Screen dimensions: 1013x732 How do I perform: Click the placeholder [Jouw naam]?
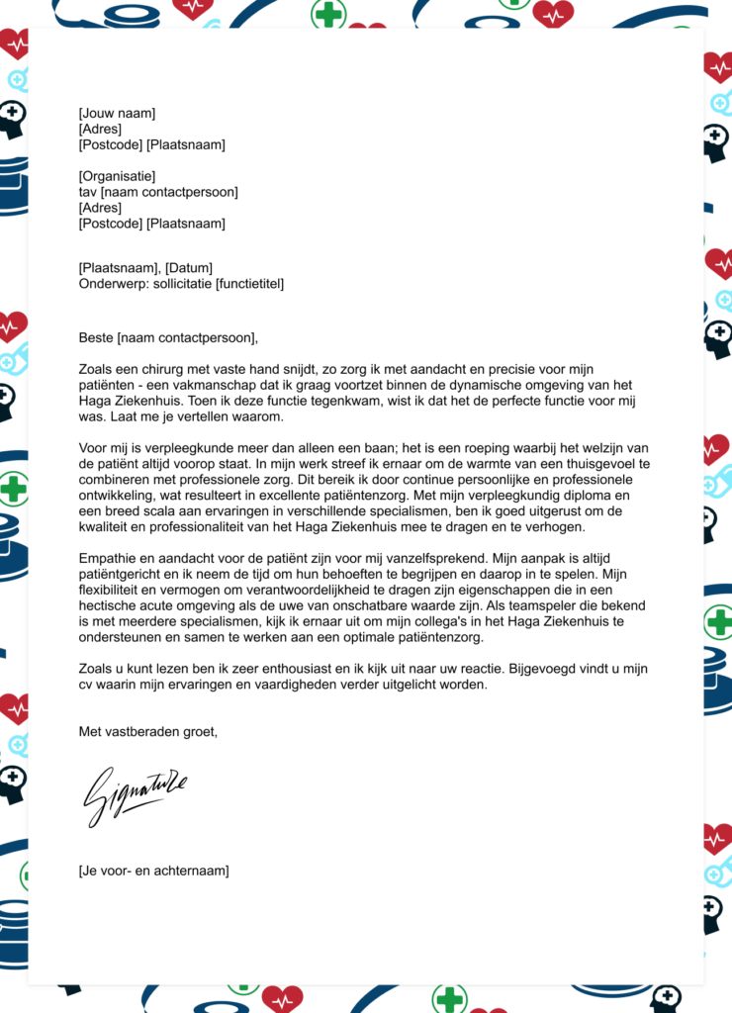click(x=117, y=114)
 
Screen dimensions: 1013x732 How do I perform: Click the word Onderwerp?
click(x=113, y=284)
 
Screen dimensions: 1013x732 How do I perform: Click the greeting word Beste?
click(x=96, y=338)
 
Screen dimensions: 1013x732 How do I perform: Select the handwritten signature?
click(x=135, y=794)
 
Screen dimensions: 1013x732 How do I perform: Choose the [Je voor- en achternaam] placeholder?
click(x=153, y=871)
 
